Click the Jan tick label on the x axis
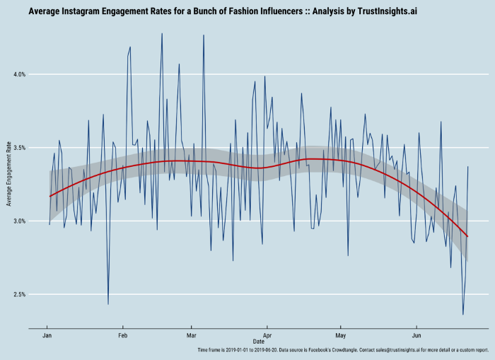point(47,335)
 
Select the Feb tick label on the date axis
point(123,335)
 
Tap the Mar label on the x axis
point(191,335)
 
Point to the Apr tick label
point(267,335)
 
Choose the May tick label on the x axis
point(341,335)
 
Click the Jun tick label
point(417,335)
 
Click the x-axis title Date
point(258,342)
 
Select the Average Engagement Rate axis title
point(8,173)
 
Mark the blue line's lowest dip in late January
point(108,304)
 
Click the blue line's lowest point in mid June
point(463,315)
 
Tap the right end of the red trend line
point(467,236)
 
